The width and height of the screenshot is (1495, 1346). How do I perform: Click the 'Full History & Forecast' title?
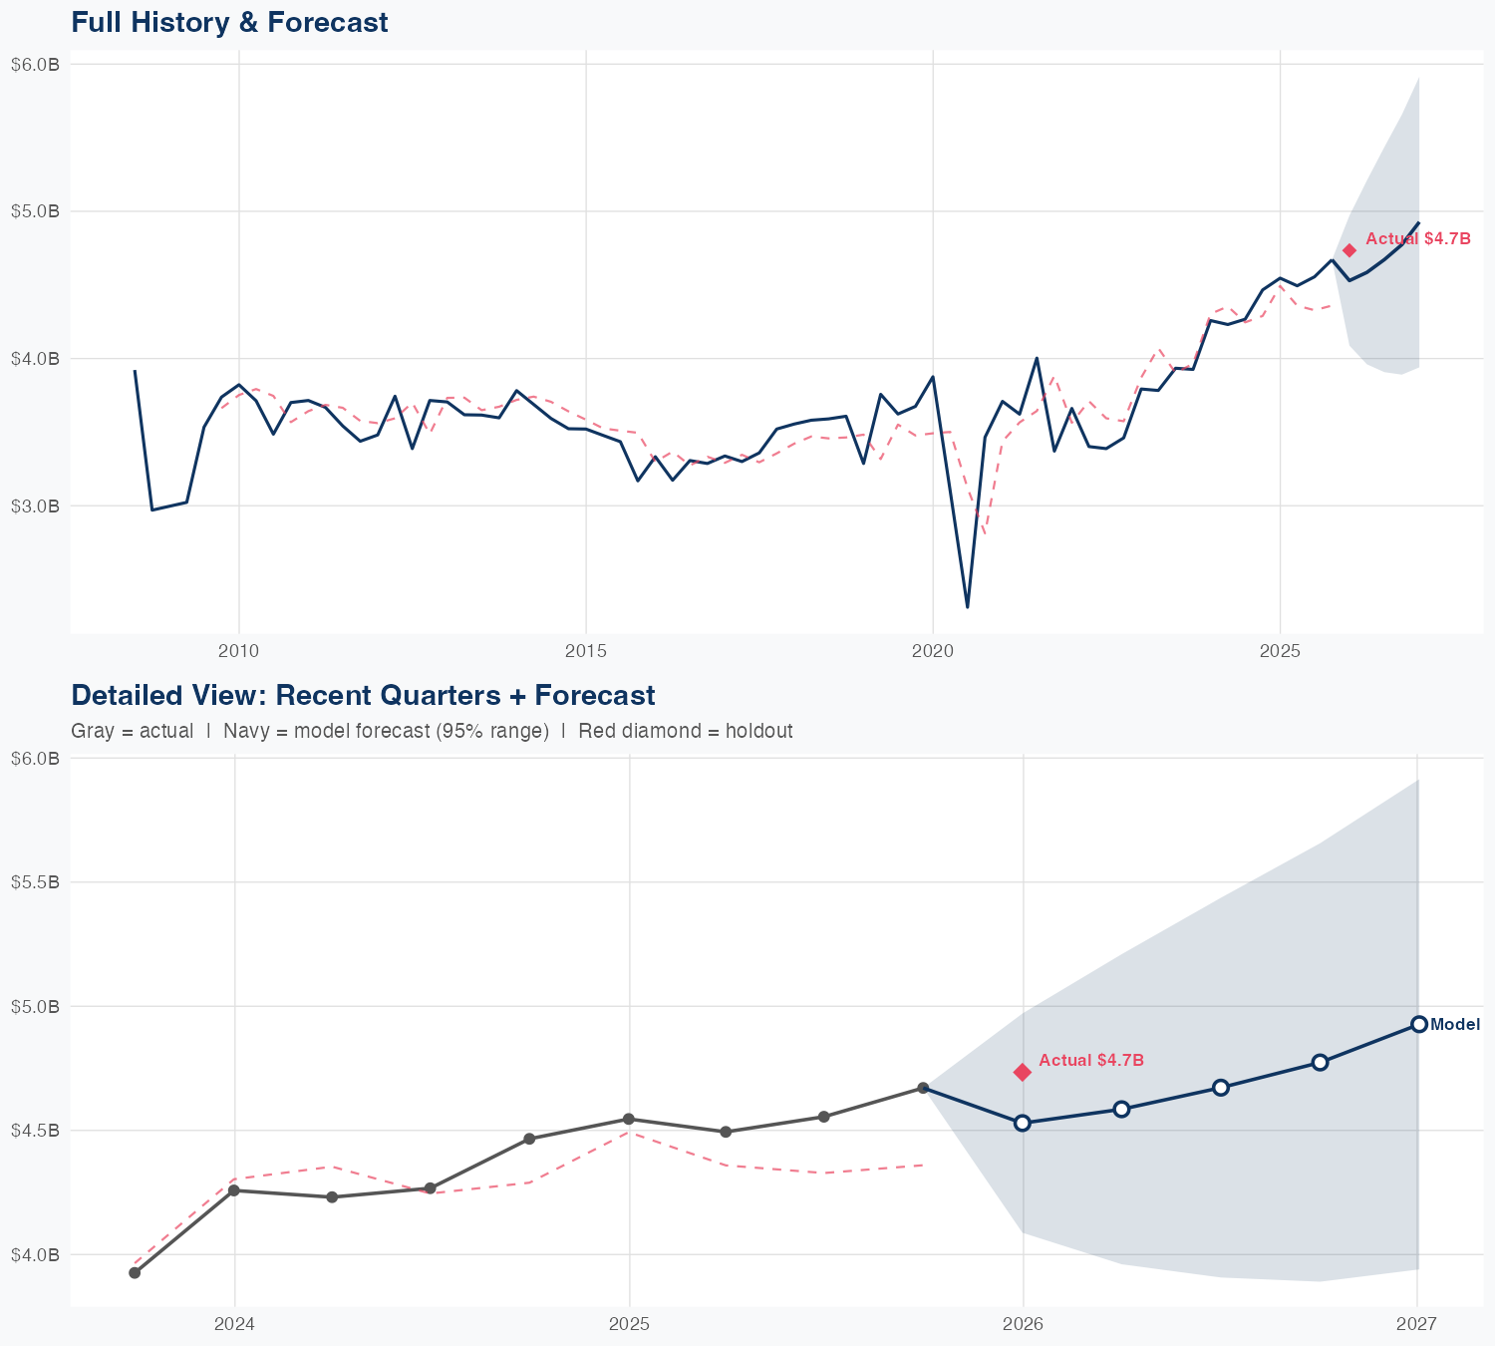click(229, 22)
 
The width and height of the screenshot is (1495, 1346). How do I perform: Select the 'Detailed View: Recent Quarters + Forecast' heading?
click(363, 695)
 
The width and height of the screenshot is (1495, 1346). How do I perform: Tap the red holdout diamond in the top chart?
click(1349, 250)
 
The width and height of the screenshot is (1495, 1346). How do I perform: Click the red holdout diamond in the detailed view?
click(1022, 1072)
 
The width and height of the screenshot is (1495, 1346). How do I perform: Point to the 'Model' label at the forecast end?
click(1455, 1024)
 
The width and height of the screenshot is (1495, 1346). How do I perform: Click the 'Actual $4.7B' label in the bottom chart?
click(1091, 1060)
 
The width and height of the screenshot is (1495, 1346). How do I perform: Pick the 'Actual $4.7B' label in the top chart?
click(1417, 238)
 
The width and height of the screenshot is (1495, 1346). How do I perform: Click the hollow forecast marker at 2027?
click(1419, 1024)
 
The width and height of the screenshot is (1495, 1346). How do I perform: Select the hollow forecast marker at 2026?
click(1022, 1123)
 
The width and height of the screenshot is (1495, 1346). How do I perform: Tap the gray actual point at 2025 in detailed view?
click(629, 1119)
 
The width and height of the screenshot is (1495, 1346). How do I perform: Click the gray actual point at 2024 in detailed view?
click(234, 1190)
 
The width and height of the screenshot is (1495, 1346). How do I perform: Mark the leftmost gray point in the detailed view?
click(135, 1272)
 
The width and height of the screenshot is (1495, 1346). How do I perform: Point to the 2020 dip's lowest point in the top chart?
click(967, 606)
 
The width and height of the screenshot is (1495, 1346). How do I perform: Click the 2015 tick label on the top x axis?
click(586, 651)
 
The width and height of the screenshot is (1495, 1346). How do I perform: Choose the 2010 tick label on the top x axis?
click(238, 651)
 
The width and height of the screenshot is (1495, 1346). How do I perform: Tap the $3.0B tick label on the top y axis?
click(35, 505)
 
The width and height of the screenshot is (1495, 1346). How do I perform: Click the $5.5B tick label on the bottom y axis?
click(35, 882)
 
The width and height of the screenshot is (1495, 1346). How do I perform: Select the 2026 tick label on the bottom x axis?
click(1023, 1324)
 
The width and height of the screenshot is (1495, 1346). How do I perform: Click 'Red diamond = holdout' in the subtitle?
click(685, 731)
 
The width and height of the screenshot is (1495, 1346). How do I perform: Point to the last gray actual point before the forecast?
click(923, 1088)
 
